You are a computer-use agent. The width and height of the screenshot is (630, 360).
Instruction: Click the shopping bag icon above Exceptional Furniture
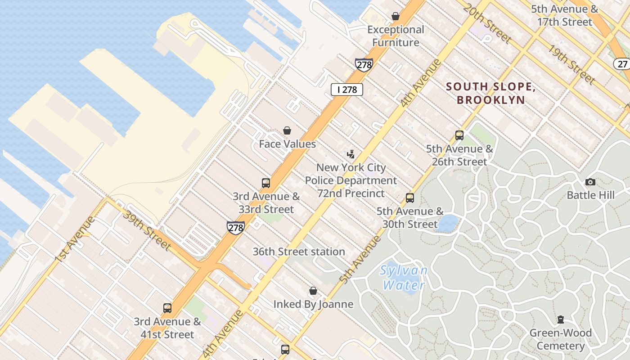coord(396,17)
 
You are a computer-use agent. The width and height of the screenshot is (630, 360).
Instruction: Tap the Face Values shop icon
coord(287,131)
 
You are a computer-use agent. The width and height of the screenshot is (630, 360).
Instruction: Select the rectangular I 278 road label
coord(346,90)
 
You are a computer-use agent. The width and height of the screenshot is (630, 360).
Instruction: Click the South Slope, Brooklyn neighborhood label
coord(490,93)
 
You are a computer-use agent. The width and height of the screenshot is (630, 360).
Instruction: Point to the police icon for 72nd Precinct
coord(351,154)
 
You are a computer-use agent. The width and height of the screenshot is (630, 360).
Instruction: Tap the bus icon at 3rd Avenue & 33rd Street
coord(266,183)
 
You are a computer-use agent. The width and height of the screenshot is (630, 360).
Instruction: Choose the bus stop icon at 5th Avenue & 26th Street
coord(459,135)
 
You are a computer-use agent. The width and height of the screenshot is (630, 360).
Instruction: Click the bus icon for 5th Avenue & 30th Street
coord(410,198)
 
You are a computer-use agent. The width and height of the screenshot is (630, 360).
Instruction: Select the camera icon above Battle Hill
coord(590,182)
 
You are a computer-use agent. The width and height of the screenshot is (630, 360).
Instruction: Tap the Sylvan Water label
coord(403,278)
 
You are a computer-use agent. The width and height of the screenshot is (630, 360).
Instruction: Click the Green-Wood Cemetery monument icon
coord(561,319)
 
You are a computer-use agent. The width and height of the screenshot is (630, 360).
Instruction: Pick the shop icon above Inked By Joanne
coord(313,291)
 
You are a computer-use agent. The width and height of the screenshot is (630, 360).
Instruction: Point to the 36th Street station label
coord(299,252)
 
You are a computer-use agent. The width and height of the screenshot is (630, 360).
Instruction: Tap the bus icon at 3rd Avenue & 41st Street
coord(167,308)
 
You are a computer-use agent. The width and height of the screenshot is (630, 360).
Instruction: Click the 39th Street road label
coord(147,230)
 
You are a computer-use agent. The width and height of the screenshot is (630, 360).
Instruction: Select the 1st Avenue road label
coord(75,240)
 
